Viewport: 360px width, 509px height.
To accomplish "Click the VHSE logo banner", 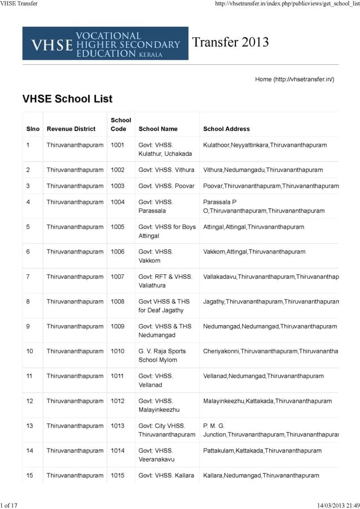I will [x=105, y=43].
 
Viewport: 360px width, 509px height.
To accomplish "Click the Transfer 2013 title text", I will [x=230, y=42].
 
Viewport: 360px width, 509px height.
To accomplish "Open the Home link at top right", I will [x=295, y=80].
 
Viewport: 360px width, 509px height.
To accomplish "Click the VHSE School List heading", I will [x=67, y=99].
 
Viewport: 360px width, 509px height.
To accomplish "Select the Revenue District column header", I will [x=71, y=129].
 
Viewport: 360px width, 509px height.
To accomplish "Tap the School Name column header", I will [x=158, y=129].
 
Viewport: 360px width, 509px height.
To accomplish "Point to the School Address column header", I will [x=226, y=129].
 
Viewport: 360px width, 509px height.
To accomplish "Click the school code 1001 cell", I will [x=117, y=145].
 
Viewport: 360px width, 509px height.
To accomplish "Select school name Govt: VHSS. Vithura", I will [x=166, y=170].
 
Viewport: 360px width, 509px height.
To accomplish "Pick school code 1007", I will [x=117, y=277].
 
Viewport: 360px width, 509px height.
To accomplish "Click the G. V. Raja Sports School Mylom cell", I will [x=162, y=356].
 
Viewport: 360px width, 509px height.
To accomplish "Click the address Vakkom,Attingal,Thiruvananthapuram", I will [x=254, y=252].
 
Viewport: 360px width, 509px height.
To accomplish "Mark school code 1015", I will [x=117, y=475].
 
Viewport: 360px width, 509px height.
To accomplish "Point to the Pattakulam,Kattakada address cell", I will [x=262, y=451].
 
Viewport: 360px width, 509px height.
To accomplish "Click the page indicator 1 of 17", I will [x=9, y=505].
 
